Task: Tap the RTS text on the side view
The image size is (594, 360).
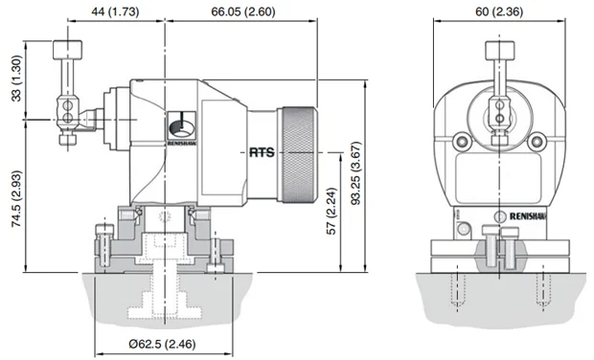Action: (x=262, y=152)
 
